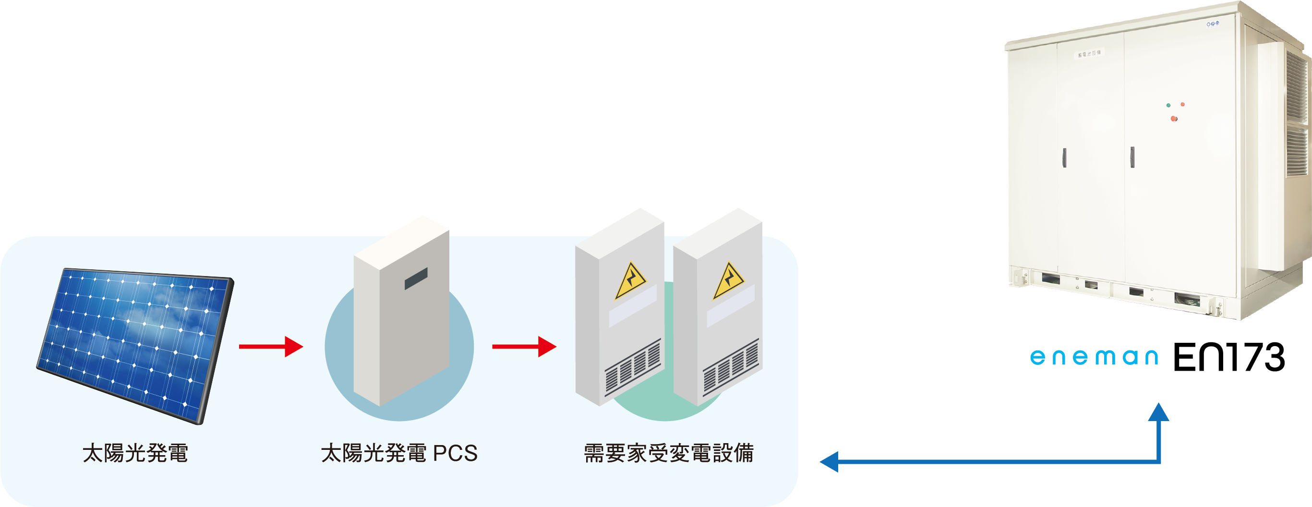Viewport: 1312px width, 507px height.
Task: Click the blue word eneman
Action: pos(1094,357)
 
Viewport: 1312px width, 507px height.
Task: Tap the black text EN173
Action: pos(1228,357)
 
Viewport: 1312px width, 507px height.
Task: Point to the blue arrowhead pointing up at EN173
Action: pos(1159,412)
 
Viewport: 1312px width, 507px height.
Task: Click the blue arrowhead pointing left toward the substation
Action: pos(829,462)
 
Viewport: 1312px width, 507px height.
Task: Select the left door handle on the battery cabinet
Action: pos(1064,157)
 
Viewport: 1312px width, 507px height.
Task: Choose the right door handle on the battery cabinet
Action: pos(1132,157)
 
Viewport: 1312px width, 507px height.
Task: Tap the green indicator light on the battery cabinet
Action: pos(1168,106)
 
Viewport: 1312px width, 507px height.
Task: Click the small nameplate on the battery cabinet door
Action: pos(1089,53)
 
